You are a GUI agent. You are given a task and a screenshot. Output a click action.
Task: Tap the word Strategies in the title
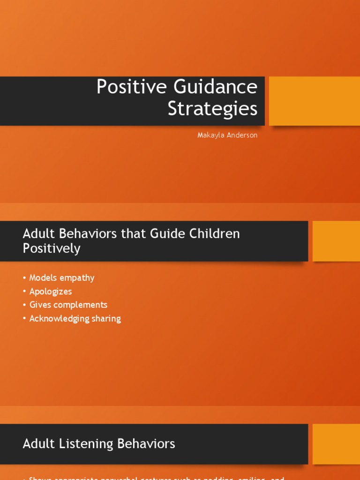(212, 109)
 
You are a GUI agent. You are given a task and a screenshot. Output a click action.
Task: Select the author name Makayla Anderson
(227, 135)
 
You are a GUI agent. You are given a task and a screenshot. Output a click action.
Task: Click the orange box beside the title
(314, 101)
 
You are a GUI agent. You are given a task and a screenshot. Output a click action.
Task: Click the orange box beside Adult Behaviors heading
(336, 241)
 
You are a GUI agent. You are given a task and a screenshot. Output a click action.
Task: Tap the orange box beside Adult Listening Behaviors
(336, 444)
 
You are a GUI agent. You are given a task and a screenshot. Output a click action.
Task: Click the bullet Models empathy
(61, 278)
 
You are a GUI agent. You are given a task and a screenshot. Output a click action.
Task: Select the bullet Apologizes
(51, 292)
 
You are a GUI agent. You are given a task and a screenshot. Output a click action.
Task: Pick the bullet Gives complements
(68, 305)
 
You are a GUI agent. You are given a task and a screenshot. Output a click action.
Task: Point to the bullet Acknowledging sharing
(75, 319)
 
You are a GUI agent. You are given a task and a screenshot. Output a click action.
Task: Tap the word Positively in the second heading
(52, 248)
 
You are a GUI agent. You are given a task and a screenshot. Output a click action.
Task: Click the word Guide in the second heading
(163, 234)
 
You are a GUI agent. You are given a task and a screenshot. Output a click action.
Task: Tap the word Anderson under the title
(243, 135)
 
